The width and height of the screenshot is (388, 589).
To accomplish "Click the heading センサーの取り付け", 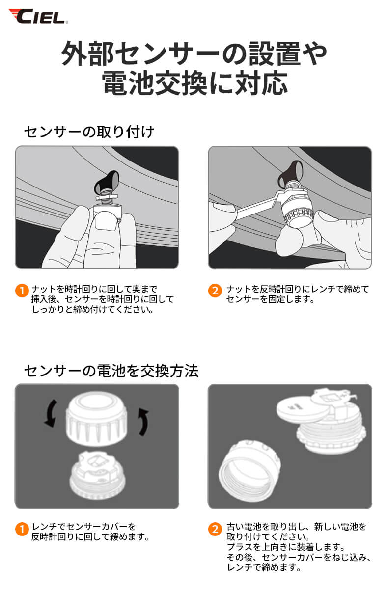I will click(x=89, y=132).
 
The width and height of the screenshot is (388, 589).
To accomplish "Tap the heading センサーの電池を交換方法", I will click(x=111, y=371).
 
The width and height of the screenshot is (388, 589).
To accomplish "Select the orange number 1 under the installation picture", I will click(x=21, y=290).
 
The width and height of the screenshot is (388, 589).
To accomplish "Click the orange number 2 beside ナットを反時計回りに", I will click(x=214, y=290).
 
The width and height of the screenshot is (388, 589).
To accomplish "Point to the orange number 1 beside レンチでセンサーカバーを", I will click(x=21, y=529).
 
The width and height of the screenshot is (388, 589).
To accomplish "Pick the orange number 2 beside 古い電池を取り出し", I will click(x=214, y=529).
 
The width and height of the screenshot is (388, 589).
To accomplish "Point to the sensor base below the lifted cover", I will click(x=97, y=473).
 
